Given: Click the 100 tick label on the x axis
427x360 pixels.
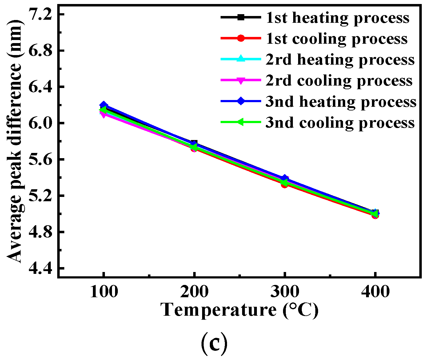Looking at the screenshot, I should click(104, 291).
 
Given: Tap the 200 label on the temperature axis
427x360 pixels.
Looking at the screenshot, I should click(194, 291).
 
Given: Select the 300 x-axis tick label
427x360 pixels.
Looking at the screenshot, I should click(285, 291).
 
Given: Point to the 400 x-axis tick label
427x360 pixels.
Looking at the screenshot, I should click(375, 291).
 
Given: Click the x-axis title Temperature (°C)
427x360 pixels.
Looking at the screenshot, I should click(240, 310).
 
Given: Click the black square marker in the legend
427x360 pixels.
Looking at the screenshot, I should click(241, 18).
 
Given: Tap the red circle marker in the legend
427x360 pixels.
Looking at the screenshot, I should click(241, 38).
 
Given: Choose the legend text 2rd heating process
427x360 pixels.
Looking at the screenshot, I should click(340, 59).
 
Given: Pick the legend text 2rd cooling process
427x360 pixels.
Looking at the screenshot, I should click(339, 80).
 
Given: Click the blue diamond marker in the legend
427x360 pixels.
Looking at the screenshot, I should click(241, 101).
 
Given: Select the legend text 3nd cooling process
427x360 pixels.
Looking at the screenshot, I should click(340, 122).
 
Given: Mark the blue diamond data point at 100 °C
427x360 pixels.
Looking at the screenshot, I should click(104, 105).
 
